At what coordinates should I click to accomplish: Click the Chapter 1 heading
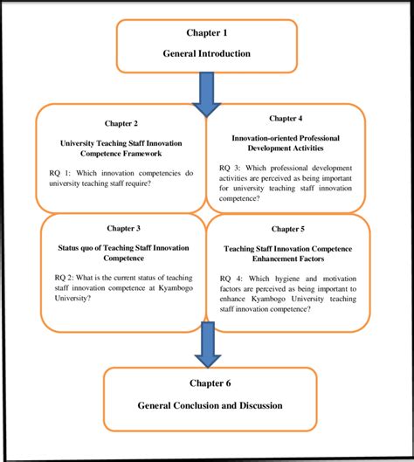(x=206, y=33)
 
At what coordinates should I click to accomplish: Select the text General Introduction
(x=206, y=53)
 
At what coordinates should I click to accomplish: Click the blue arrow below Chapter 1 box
(x=207, y=93)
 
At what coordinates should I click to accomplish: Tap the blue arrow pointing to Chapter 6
(x=207, y=344)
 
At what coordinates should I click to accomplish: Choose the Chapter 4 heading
(x=286, y=118)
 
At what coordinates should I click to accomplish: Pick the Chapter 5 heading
(x=287, y=229)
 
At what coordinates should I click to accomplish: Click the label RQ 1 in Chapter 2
(x=61, y=172)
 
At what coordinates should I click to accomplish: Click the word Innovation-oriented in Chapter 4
(x=263, y=138)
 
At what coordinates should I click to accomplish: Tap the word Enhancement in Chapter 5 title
(x=269, y=259)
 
